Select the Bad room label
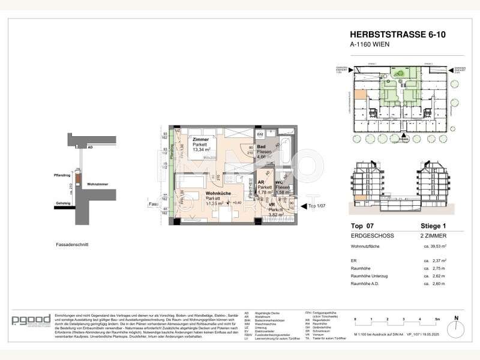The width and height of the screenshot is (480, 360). tap(261, 146)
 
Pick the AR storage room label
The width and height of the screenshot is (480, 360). tap(261, 181)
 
